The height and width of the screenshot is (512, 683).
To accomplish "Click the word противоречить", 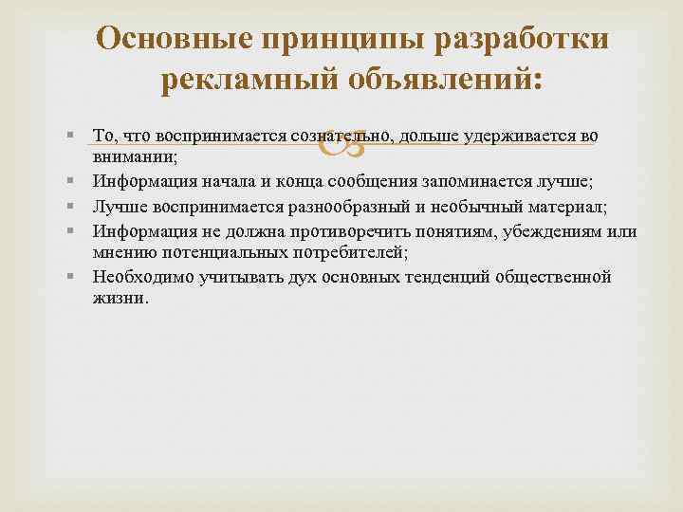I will coord(322,229).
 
